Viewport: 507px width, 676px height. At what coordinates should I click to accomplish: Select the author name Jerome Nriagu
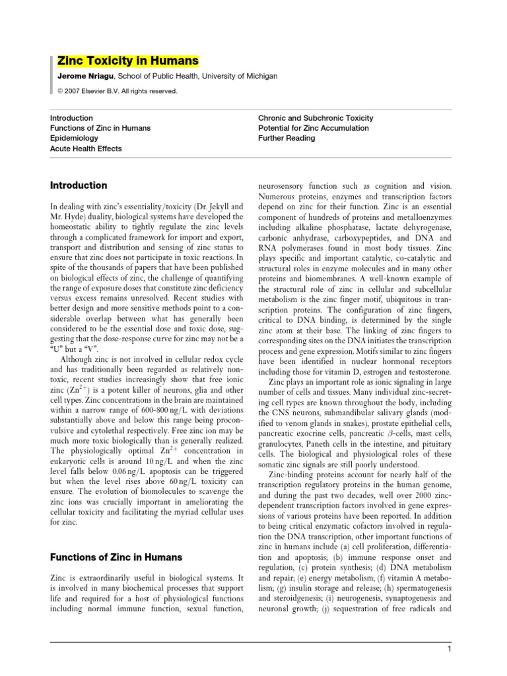tap(82, 77)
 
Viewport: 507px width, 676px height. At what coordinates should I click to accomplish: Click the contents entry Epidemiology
tap(74, 139)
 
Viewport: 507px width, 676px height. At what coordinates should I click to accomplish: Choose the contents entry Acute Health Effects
tap(86, 149)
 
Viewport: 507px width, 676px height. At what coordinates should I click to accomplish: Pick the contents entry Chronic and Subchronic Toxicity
tap(315, 118)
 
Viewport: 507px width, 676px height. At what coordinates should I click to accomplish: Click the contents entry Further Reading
tap(287, 139)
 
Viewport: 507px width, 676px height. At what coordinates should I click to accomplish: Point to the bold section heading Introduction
tap(79, 186)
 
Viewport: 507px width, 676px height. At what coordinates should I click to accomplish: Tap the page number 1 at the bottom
tap(448, 650)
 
